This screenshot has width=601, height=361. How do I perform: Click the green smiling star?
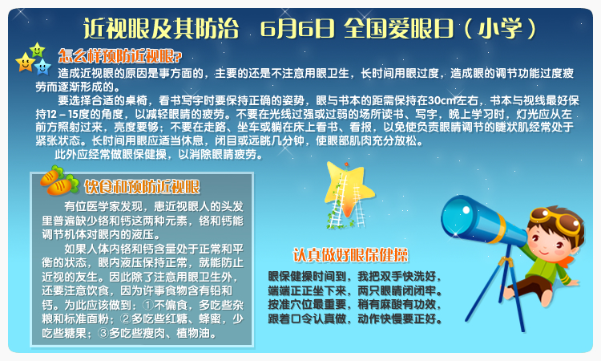tap(37, 50)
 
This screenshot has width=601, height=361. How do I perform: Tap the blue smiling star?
tap(42, 67)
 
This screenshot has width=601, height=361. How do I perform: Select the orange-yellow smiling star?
tap(26, 62)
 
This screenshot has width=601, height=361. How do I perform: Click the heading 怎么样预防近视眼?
tap(120, 56)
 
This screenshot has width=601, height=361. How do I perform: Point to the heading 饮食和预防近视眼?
tap(142, 187)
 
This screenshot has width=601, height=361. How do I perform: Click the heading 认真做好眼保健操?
tap(350, 255)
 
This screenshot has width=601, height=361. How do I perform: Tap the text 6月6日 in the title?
tap(297, 29)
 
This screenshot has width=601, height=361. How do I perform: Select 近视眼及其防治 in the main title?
tap(161, 29)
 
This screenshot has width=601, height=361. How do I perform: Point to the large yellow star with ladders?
tap(348, 189)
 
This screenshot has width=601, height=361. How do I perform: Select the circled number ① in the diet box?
tap(148, 305)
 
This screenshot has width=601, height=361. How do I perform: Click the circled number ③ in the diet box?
tap(103, 333)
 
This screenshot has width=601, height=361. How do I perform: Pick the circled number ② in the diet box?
tap(125, 318)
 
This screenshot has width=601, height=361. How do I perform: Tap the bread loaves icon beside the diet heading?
tap(58, 181)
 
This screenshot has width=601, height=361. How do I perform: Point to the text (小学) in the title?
tap(499, 29)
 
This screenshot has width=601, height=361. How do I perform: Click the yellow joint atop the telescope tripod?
tap(506, 262)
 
